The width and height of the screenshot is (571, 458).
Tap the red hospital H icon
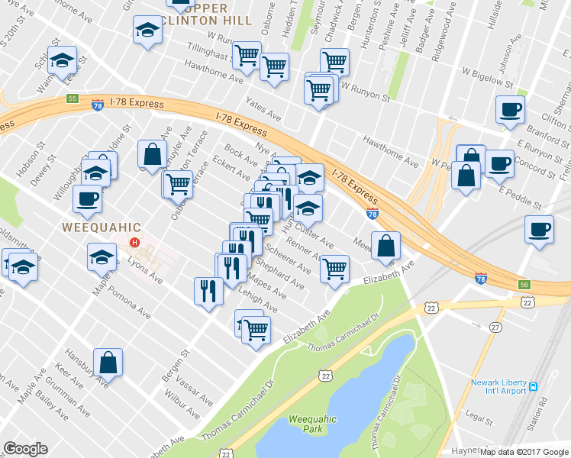(x=135, y=244)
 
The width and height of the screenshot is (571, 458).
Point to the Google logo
(x=25, y=449)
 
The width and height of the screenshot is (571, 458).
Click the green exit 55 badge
(x=73, y=98)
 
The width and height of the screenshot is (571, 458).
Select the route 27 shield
(x=495, y=327)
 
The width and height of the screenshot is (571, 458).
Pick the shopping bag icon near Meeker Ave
(x=387, y=245)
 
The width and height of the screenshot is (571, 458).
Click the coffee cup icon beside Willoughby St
(x=87, y=198)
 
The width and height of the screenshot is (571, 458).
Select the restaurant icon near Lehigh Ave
(x=207, y=290)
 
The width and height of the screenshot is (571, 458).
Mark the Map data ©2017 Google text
(x=524, y=451)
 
